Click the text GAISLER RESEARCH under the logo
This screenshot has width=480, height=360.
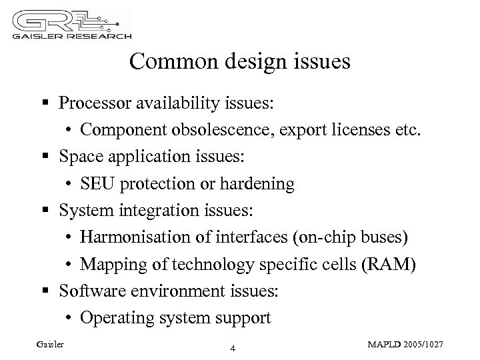[69, 35]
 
